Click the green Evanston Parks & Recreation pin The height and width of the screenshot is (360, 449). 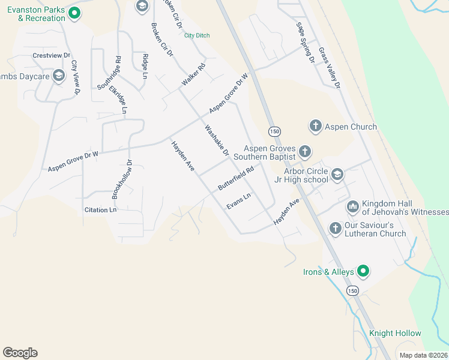pos(74,13)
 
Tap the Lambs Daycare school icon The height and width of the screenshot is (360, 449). pos(59,76)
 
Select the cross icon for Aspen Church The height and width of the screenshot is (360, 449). pos(316,126)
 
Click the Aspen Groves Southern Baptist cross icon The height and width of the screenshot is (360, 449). pos(305,152)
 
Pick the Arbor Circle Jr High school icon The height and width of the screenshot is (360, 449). pos(337,175)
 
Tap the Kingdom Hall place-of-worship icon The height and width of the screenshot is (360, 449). pos(353,208)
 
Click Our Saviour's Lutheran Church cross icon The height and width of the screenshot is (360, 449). pos(336,228)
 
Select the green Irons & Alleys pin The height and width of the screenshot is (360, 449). pos(363,271)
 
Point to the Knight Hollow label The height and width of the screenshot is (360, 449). pos(395,333)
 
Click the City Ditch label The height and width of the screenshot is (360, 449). pos(197,35)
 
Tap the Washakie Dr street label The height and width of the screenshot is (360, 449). pos(217,140)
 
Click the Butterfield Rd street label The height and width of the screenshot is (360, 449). pos(236,178)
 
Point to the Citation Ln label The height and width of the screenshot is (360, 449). pos(100,210)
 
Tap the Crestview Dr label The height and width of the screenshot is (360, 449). pos(48,55)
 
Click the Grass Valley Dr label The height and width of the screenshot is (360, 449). pos(330,68)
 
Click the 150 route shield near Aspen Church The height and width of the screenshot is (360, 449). pos(274,131)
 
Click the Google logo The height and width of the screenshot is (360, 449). pos(20,353)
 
